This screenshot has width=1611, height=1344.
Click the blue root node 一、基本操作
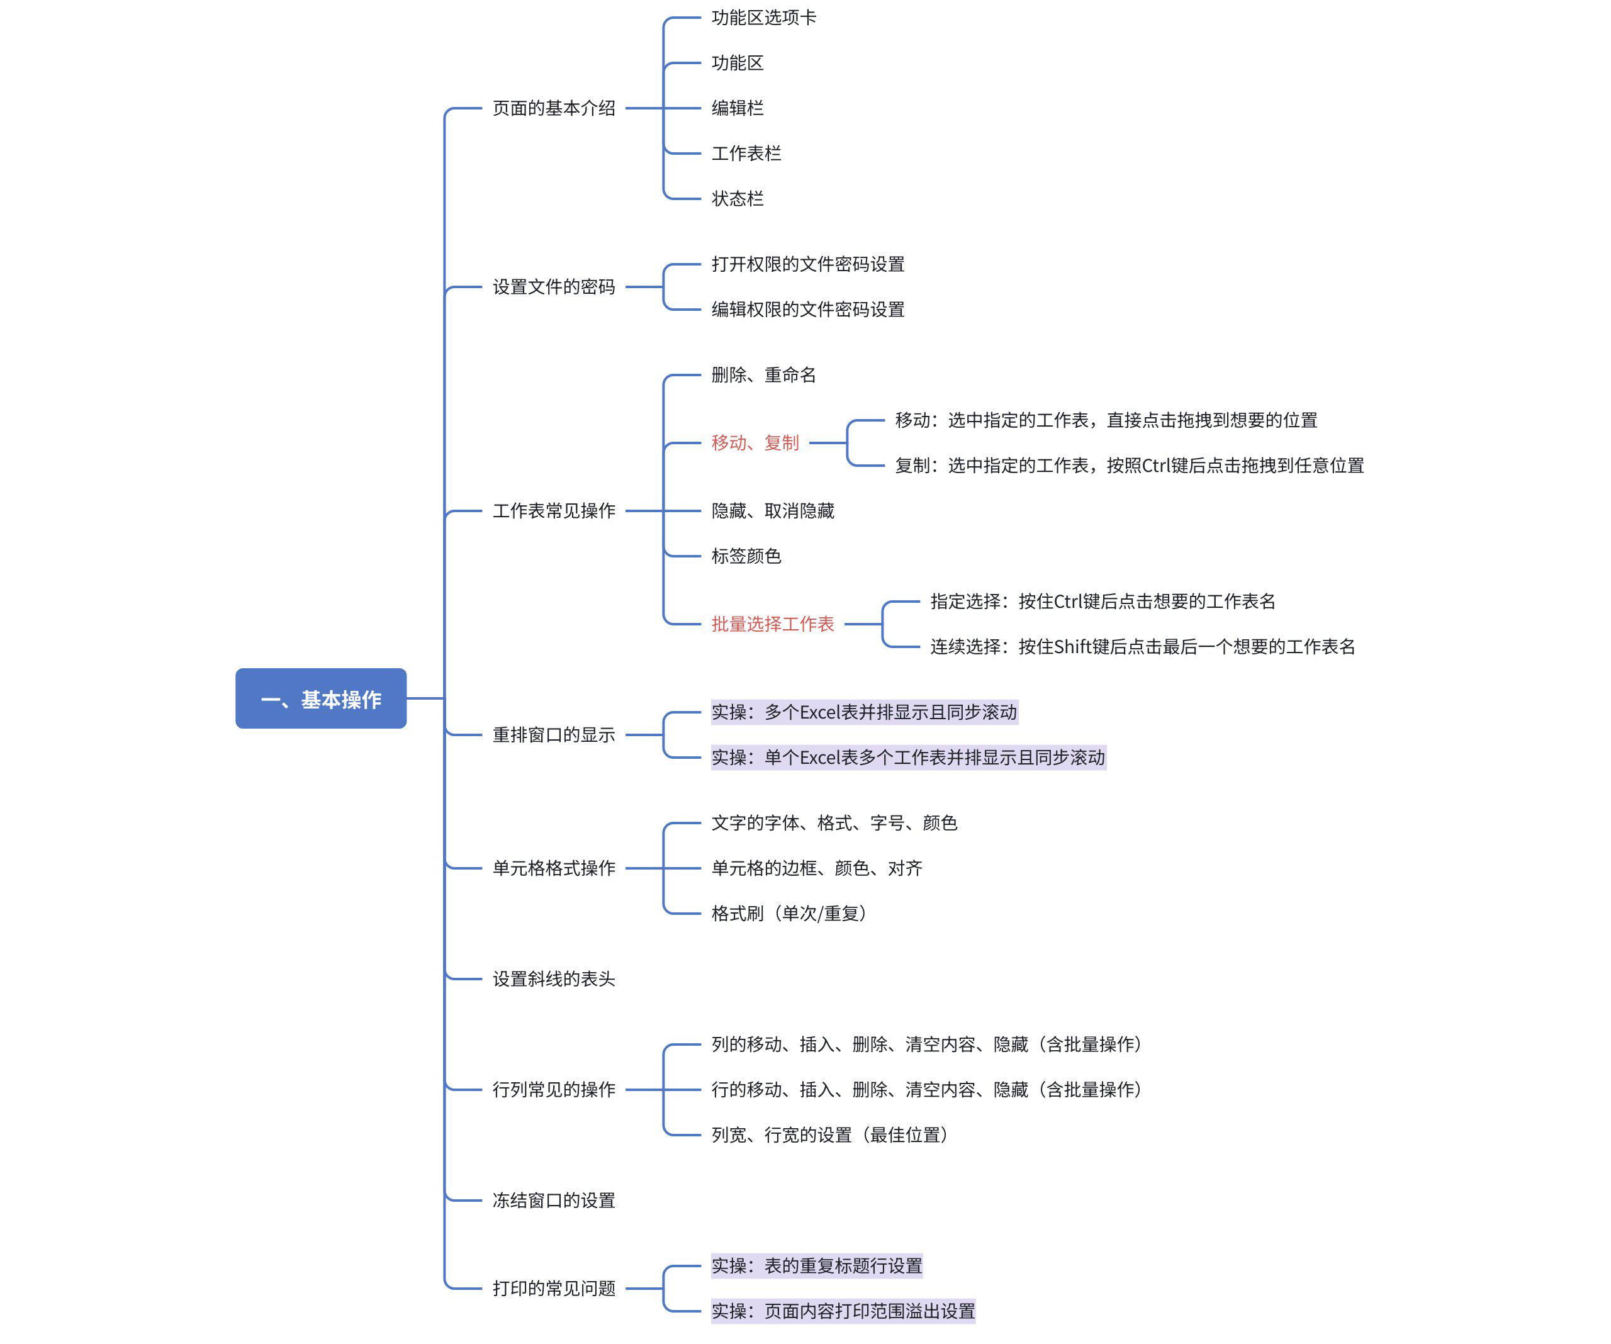coord(321,699)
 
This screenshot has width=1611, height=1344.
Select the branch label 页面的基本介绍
coord(553,108)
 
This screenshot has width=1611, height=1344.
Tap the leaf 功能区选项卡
coord(763,18)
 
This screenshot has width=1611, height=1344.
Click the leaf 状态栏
coord(738,199)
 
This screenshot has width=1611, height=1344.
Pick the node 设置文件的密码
coord(553,287)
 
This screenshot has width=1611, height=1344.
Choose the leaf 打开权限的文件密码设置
coord(808,264)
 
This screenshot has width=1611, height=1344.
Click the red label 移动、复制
coord(755,442)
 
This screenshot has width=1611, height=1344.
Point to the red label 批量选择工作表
coord(773,624)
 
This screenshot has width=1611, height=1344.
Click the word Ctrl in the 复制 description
coord(1160,466)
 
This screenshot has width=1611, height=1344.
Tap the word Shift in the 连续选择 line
coord(1072,647)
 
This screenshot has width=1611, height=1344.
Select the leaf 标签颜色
coord(746,556)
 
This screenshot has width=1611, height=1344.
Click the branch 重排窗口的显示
coord(553,735)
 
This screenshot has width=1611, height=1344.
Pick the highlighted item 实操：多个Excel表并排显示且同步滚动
coord(864,712)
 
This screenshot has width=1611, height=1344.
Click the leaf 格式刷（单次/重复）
coord(789,913)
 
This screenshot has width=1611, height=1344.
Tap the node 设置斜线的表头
coord(553,979)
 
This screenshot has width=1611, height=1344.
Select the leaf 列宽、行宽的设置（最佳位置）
coord(829,1134)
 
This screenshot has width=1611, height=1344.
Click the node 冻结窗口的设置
coord(553,1200)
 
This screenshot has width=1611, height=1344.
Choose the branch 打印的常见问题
coord(553,1288)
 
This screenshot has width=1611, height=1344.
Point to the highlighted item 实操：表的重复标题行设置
coord(816,1266)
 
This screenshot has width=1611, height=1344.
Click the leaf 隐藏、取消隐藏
coord(773,511)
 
